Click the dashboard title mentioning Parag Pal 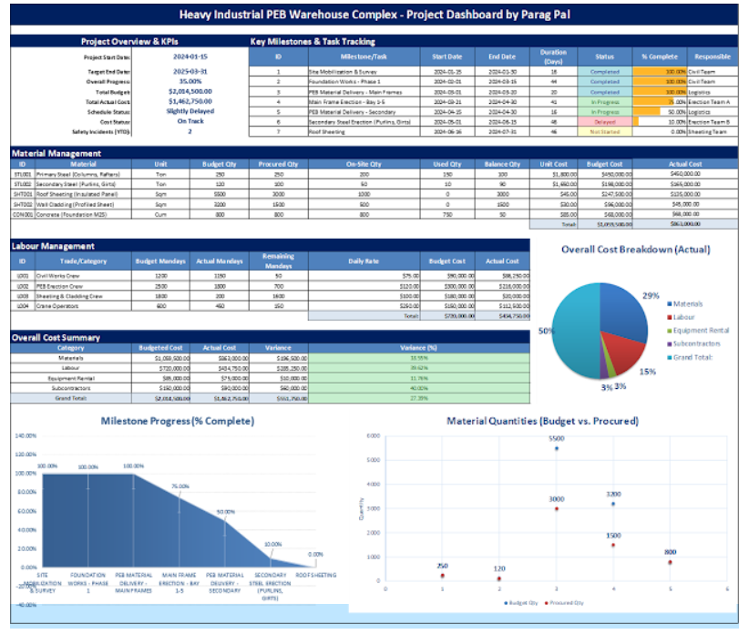click(374, 15)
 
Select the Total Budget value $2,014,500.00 click(191, 91)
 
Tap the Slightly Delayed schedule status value click(191, 111)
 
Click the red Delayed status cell click(605, 121)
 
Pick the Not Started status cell click(605, 132)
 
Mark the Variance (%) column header click(418, 347)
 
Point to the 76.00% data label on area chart click(180, 486)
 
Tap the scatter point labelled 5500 click(557, 448)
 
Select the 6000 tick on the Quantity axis click(372, 435)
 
